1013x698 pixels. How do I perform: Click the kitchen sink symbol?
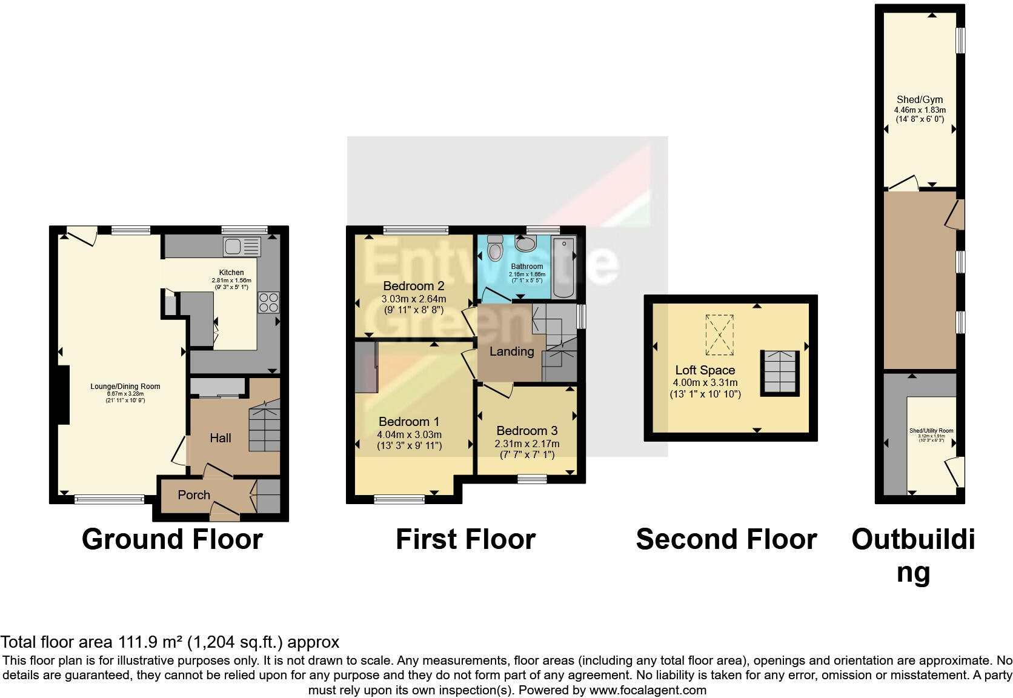click(x=242, y=247)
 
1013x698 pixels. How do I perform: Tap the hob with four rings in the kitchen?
click(x=268, y=302)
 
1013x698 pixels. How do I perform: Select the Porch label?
click(x=194, y=495)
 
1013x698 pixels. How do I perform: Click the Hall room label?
click(x=221, y=438)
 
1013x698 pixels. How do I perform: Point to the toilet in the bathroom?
click(x=495, y=248)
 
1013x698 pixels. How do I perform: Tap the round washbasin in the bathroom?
click(x=525, y=244)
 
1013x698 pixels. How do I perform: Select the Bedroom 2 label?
click(x=414, y=286)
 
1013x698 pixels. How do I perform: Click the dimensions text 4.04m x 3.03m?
click(x=409, y=434)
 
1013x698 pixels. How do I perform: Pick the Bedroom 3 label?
click(x=526, y=431)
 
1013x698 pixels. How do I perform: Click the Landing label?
click(x=511, y=351)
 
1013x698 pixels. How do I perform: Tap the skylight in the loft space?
click(x=720, y=334)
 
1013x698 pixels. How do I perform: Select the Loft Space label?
click(x=705, y=370)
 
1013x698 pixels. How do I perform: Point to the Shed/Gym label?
click(x=920, y=100)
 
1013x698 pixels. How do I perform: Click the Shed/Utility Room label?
click(x=931, y=431)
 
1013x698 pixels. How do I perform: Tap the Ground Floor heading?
click(x=172, y=539)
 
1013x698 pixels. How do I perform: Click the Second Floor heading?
click(x=726, y=539)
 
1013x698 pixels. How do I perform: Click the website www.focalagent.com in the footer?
click(x=648, y=690)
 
